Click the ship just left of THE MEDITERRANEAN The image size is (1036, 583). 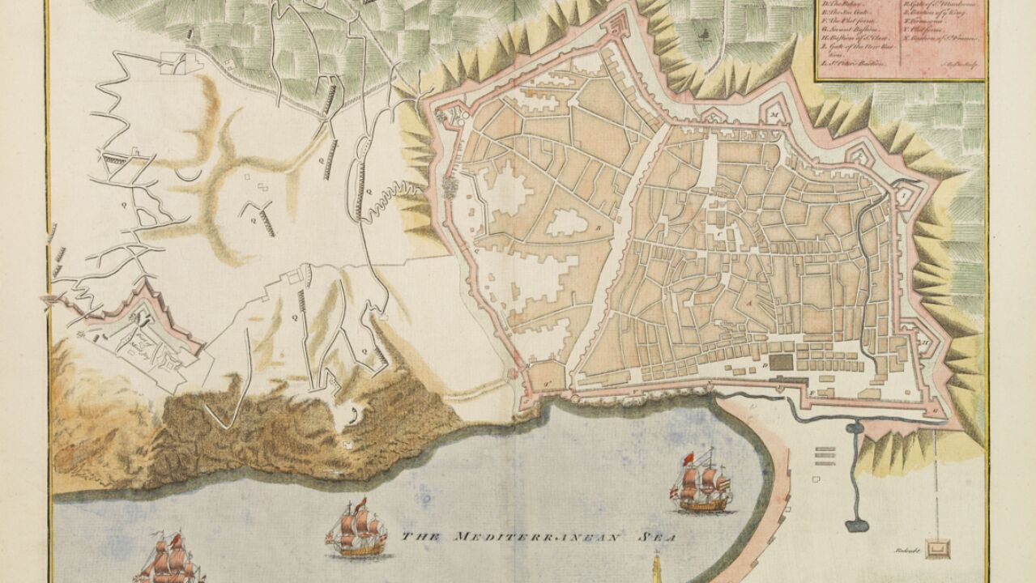(x=357, y=530)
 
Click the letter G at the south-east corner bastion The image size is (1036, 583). (x=937, y=411)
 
